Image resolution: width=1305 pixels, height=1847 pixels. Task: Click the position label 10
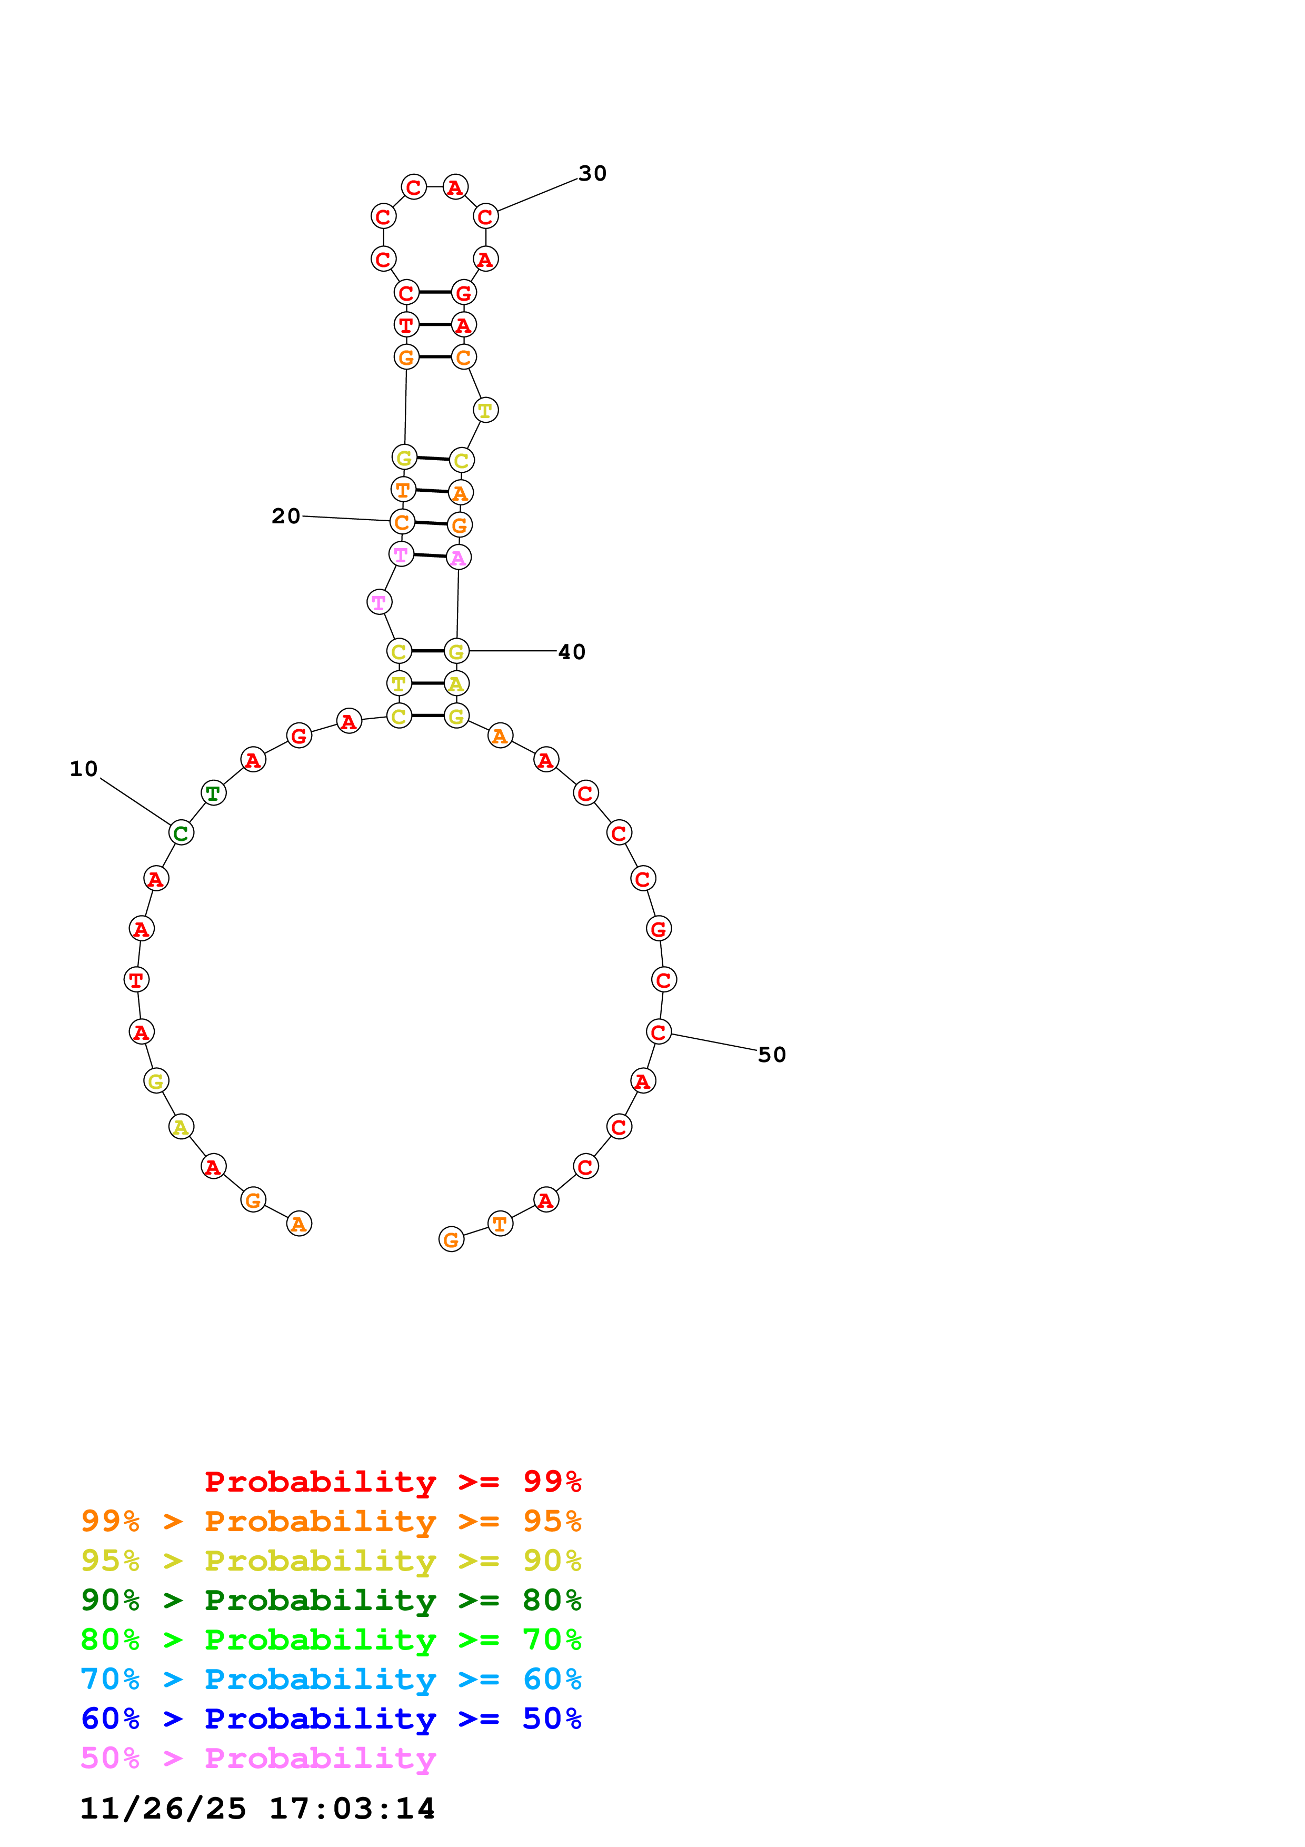(x=84, y=769)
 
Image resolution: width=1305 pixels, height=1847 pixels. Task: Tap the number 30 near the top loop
(x=593, y=174)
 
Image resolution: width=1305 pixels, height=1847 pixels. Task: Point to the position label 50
(x=772, y=1055)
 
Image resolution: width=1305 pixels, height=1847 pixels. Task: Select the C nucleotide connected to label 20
(x=402, y=522)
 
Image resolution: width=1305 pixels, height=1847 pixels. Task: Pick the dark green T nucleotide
(x=213, y=793)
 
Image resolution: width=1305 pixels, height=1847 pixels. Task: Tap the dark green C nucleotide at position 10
(x=181, y=833)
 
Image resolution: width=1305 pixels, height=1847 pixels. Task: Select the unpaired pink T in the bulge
(x=378, y=602)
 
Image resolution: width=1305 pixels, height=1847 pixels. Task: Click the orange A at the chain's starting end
(x=299, y=1224)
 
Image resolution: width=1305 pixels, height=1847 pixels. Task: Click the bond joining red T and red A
(x=434, y=324)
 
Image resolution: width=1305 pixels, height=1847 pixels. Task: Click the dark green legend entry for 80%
(x=331, y=1601)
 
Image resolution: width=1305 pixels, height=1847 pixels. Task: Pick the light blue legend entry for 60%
(x=331, y=1680)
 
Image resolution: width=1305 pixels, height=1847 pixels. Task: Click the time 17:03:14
(x=351, y=1809)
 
